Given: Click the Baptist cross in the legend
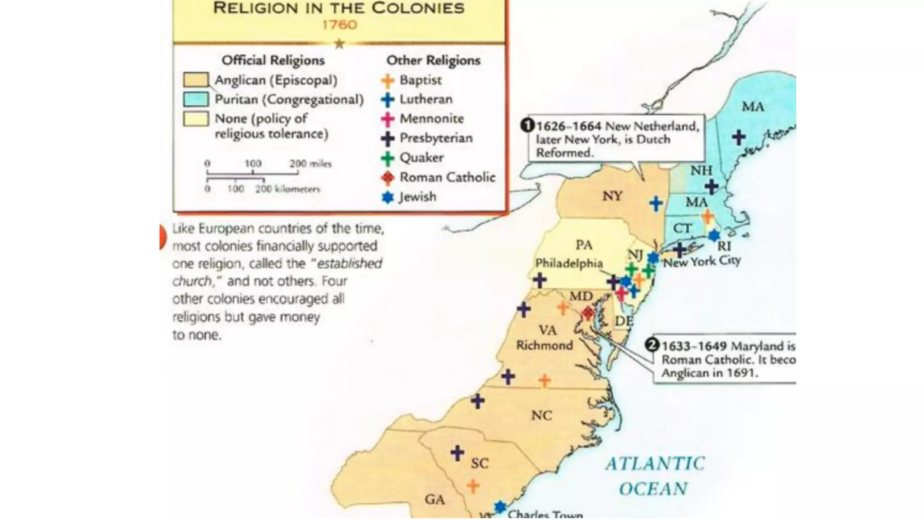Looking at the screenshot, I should (388, 80).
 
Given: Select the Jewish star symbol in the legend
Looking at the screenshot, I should (388, 197).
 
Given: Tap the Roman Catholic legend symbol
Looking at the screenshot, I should (388, 177).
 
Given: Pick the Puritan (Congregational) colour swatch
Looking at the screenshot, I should (196, 99).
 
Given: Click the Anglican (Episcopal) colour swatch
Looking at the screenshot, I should (196, 80).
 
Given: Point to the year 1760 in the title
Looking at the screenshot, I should (339, 24).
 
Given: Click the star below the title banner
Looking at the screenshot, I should (339, 44).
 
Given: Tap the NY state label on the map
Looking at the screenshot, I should (612, 196).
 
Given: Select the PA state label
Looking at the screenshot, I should (584, 245).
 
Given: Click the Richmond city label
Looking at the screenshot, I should (545, 345).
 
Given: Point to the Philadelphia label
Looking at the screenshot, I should (569, 263).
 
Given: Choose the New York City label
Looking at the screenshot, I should (702, 261).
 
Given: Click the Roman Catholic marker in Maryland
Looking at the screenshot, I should (587, 312).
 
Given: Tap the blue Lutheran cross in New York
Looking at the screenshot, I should (656, 204).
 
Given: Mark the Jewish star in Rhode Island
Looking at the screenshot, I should (714, 235).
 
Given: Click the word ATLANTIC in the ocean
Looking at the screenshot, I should (655, 464).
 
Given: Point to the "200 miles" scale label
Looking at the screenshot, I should (310, 163).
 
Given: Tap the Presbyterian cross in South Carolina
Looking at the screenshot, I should (457, 453).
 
